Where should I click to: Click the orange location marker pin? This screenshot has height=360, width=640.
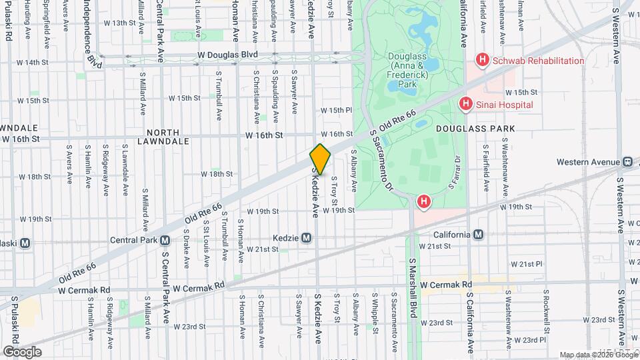(x=320, y=159)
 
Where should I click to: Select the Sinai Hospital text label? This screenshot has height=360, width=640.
(x=503, y=105)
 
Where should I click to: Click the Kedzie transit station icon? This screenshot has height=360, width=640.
(x=307, y=238)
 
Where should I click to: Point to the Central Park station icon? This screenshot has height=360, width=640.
(x=165, y=240)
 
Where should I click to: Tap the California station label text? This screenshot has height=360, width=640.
(x=452, y=235)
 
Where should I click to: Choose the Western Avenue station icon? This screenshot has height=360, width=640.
(x=627, y=161)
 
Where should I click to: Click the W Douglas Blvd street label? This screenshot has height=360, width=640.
(x=227, y=55)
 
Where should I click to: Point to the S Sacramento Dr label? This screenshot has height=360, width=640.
(x=381, y=161)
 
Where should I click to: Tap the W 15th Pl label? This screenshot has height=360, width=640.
(x=335, y=110)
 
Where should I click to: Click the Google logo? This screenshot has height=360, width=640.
(x=23, y=351)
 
